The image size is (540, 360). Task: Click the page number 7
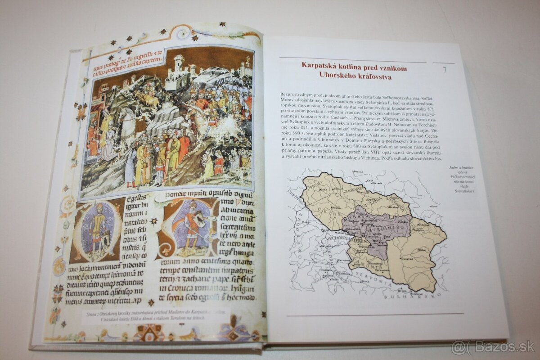[x=444, y=70]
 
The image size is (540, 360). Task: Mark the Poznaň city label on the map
[x=358, y=171]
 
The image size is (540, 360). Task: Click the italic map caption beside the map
[x=458, y=180]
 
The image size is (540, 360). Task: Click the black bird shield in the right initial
[x=198, y=220]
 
